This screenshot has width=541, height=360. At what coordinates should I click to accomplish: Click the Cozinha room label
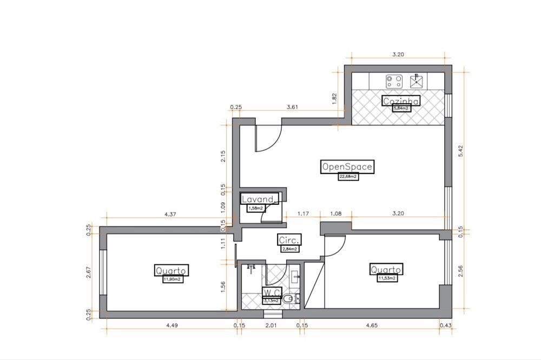(401, 101)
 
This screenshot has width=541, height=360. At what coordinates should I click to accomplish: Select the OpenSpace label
(347, 166)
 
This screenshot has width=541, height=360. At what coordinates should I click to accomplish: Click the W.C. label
(272, 292)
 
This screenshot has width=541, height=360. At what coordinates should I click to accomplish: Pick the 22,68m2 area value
(348, 177)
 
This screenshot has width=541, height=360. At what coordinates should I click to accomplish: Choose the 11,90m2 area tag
(173, 279)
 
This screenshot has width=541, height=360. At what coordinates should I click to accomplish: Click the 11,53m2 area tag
(387, 278)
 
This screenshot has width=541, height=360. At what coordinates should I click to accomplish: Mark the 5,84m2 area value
(401, 109)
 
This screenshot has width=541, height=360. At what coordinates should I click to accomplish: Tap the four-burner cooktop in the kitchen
(394, 82)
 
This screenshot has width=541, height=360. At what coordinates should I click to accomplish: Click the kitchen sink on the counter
(417, 81)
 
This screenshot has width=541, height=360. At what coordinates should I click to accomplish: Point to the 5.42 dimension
(460, 151)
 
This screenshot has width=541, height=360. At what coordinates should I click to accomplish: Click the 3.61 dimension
(292, 107)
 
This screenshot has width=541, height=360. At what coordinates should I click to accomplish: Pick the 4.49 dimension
(172, 325)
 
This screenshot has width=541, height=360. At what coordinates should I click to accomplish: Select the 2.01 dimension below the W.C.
(271, 325)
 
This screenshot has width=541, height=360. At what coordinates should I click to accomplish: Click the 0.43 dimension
(445, 325)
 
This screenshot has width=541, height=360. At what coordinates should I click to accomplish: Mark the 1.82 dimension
(334, 98)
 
